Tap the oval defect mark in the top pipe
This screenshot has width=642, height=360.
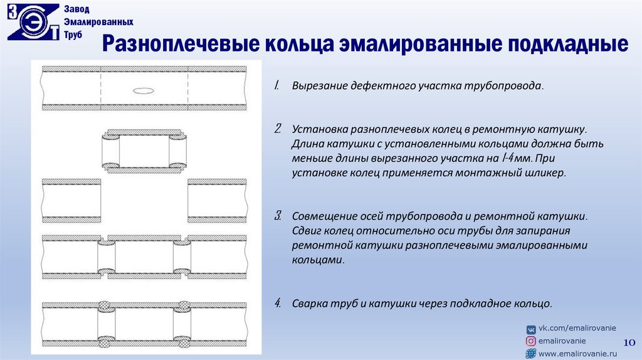144,90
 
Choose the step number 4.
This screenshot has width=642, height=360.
277,304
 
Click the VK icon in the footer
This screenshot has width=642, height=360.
531,329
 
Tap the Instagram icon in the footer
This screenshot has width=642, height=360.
531,341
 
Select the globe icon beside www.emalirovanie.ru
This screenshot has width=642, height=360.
531,354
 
